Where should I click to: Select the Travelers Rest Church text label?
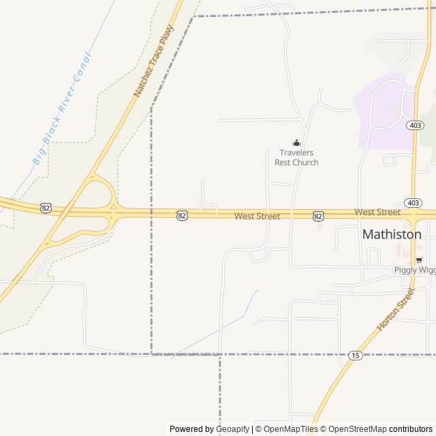click(296, 157)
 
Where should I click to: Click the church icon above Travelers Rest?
click(296, 142)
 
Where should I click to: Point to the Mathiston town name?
click(392, 234)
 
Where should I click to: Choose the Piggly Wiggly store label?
click(414, 270)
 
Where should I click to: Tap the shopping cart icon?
click(419, 260)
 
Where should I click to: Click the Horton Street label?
click(395, 309)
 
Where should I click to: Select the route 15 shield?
click(355, 355)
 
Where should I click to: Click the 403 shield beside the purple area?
click(416, 125)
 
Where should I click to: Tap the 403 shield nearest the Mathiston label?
click(413, 203)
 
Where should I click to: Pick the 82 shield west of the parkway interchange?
click(46, 208)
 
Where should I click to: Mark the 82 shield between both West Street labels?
click(318, 215)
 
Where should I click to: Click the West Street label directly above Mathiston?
click(377, 213)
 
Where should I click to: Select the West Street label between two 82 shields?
click(257, 216)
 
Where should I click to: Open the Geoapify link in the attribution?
click(232, 429)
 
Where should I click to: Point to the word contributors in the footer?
click(411, 429)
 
